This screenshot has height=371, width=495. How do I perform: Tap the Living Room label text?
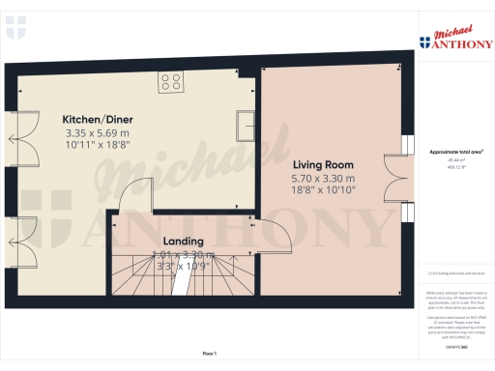(323, 164)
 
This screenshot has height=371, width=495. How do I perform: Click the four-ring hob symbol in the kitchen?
(171, 83)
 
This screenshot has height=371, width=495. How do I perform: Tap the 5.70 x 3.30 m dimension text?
(323, 179)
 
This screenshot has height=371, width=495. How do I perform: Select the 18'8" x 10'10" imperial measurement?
(323, 191)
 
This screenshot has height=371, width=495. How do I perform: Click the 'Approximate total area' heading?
(454, 152)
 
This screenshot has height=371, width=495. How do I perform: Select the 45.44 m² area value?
(454, 161)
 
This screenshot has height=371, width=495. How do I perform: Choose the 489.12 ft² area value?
(454, 169)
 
